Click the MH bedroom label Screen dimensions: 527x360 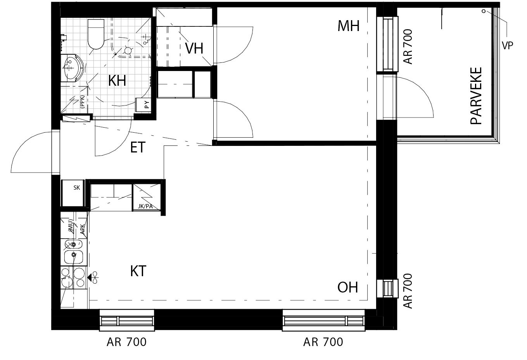click(349, 26)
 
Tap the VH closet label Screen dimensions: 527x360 click(194, 48)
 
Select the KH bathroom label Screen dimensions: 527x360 click(117, 81)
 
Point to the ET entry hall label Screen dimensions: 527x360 click(138, 147)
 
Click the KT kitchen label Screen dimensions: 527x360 click(138, 271)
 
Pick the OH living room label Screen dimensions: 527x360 click(348, 287)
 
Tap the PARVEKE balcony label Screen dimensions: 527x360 click(476, 96)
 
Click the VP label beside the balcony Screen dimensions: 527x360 click(508, 45)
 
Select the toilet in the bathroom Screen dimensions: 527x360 click(96, 34)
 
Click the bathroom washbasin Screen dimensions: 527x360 click(73, 68)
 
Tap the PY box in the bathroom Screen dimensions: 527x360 click(143, 105)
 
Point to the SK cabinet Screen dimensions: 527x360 click(73, 193)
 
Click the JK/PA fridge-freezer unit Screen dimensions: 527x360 click(147, 197)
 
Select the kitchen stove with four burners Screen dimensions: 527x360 click(74, 278)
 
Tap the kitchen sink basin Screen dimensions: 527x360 click(74, 257)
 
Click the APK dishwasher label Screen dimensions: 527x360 click(82, 229)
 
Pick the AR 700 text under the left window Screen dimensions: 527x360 click(126, 342)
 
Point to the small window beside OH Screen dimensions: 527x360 click(387, 289)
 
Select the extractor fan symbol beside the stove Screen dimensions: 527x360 click(93, 278)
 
